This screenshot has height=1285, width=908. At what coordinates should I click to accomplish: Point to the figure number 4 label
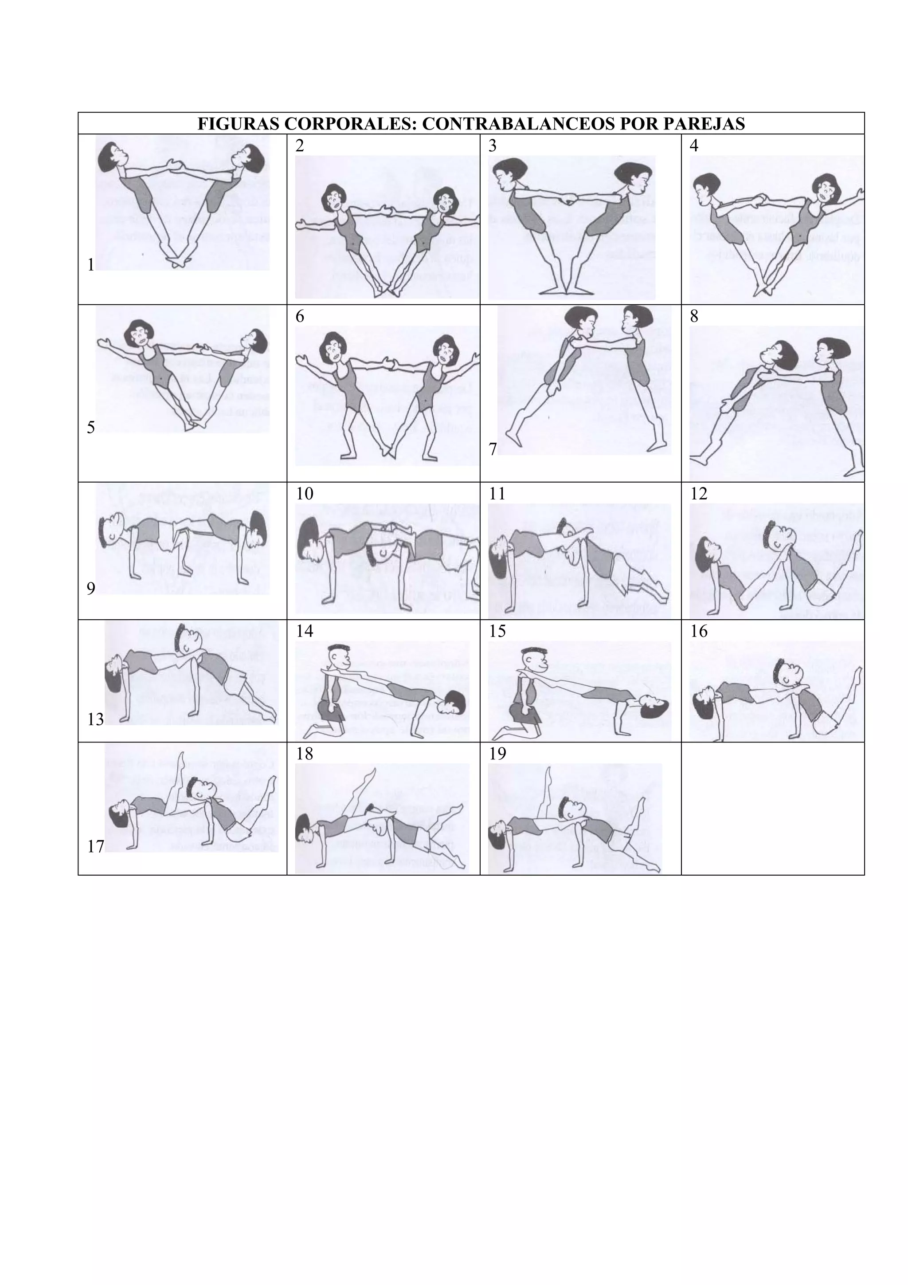coord(694,146)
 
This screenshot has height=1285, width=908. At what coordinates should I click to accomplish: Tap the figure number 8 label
coord(694,317)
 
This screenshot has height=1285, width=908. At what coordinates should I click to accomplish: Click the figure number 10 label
coord(305,494)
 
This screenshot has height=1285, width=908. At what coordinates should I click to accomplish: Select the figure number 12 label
coord(699,494)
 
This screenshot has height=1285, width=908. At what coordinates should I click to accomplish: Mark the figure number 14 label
coord(305,631)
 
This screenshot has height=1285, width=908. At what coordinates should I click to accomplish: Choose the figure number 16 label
coord(699,631)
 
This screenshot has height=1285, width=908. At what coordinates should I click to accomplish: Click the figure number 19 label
coord(497,754)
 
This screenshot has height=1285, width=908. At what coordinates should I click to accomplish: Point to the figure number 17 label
coord(96,846)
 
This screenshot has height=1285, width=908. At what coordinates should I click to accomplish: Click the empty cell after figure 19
coord(773,808)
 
